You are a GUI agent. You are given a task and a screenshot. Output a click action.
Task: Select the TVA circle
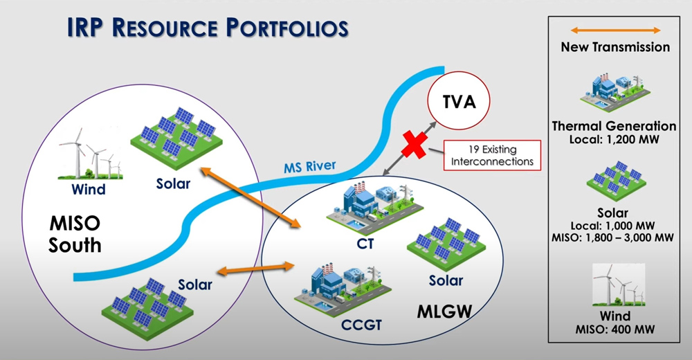pos(457,104)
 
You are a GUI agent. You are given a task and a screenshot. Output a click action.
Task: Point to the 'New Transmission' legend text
pos(615,47)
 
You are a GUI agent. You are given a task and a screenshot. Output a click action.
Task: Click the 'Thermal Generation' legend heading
pos(614,126)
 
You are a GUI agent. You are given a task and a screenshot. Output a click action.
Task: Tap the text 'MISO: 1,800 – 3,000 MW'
pos(615,237)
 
